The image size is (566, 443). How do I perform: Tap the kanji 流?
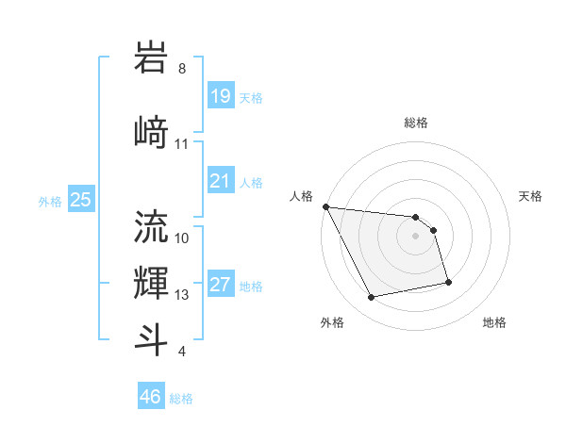pyautogui.click(x=152, y=227)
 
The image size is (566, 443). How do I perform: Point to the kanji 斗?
pyautogui.click(x=152, y=339)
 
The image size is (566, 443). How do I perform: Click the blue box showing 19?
pyautogui.click(x=220, y=95)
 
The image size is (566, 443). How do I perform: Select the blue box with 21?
pyautogui.click(x=220, y=180)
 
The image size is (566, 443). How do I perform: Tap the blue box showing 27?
pyautogui.click(x=220, y=286)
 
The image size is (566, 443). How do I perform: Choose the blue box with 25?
pyautogui.click(x=81, y=199)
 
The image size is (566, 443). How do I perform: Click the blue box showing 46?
pyautogui.click(x=151, y=397)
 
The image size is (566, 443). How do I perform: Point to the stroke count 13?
pyautogui.click(x=182, y=295)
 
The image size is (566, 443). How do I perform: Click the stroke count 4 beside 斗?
pyautogui.click(x=182, y=352)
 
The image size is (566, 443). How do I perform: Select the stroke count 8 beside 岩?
pyautogui.click(x=182, y=69)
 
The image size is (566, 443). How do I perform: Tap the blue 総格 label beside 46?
pyautogui.click(x=181, y=399)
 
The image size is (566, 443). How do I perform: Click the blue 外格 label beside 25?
pyautogui.click(x=50, y=201)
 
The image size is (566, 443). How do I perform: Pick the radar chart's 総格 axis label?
pyautogui.click(x=415, y=123)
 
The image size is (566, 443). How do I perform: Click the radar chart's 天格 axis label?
pyautogui.click(x=530, y=196)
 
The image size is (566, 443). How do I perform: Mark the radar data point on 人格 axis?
pyautogui.click(x=325, y=206)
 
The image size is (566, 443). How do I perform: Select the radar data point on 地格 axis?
pyautogui.click(x=448, y=282)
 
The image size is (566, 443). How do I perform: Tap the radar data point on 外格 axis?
pyautogui.click(x=372, y=298)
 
